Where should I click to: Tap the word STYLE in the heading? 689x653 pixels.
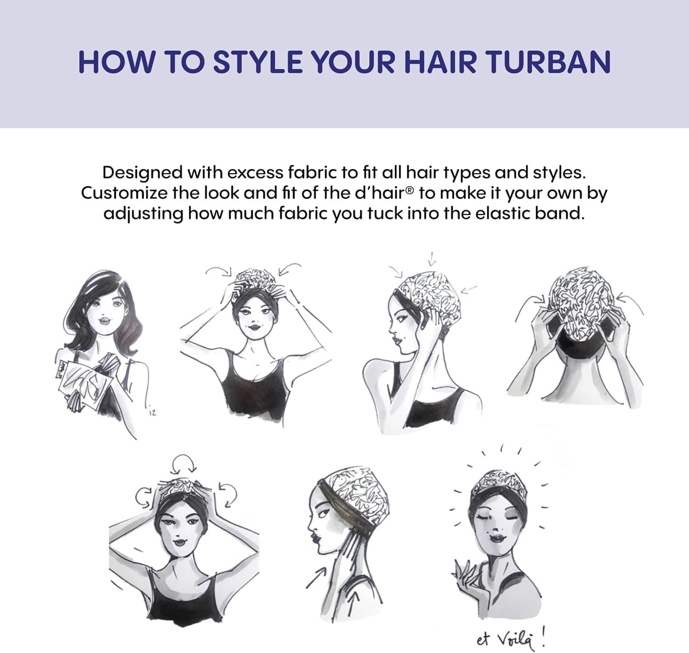(258, 62)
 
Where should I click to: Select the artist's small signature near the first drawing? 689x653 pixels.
(152, 413)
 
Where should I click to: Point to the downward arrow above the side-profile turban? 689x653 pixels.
(432, 259)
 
